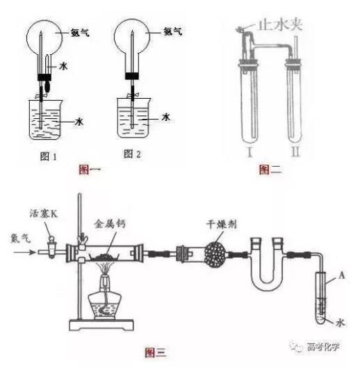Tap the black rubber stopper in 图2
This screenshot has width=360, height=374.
click(132, 76)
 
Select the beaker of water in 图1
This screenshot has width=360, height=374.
click(46, 120)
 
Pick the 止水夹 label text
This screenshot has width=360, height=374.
click(280, 24)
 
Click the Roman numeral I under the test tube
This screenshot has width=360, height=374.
click(249, 152)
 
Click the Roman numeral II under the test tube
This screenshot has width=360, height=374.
click(295, 152)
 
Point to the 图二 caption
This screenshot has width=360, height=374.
click(270, 170)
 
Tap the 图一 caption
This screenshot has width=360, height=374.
click(90, 170)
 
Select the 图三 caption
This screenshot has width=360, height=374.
click(156, 352)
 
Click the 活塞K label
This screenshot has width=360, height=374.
click(44, 213)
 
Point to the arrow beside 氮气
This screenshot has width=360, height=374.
click(24, 252)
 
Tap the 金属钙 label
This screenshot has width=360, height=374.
click(110, 224)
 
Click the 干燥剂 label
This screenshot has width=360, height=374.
click(222, 225)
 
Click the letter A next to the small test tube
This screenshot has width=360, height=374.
click(342, 275)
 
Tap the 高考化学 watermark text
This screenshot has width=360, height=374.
click(323, 347)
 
